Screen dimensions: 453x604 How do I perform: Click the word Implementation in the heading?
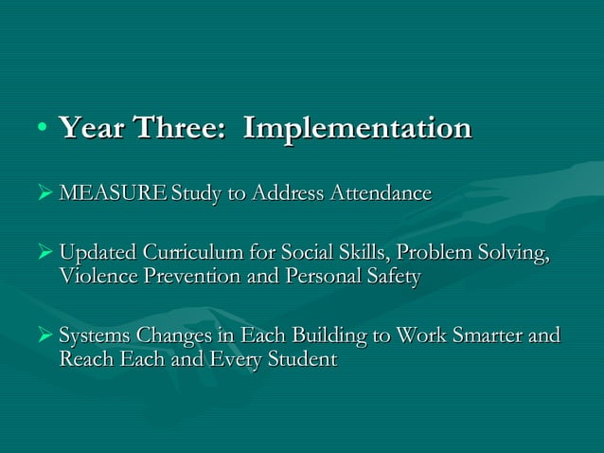tap(357, 129)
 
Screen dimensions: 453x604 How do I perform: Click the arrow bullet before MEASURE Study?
tap(44, 194)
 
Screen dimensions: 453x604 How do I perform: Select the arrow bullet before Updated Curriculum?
tap(44, 255)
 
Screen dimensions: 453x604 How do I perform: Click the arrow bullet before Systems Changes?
tap(44, 337)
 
